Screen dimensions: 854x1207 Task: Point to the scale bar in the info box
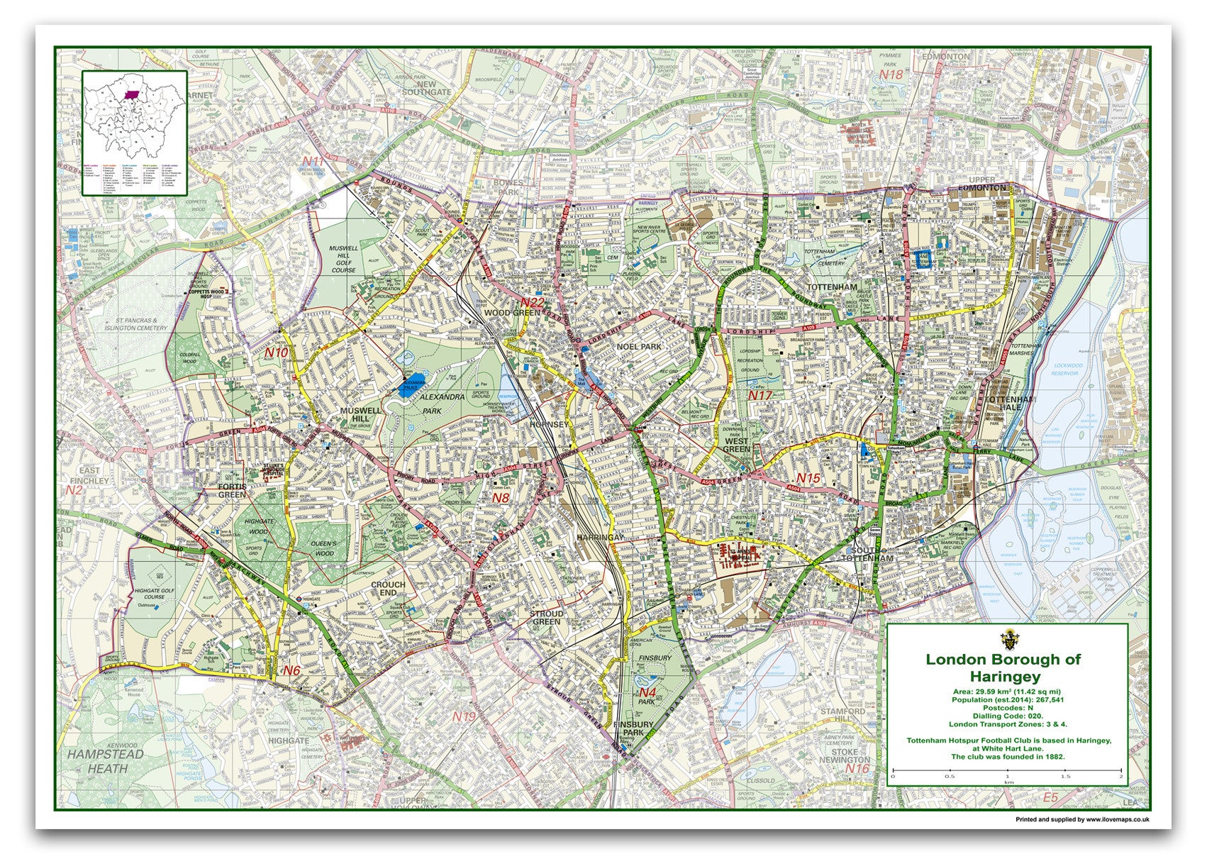pyautogui.click(x=1007, y=770)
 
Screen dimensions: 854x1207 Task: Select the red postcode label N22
pyautogui.click(x=532, y=304)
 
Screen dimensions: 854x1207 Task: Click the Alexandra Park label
pyautogui.click(x=440, y=404)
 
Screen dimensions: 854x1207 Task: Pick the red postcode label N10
pyautogui.click(x=277, y=352)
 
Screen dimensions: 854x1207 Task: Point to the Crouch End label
pyautogui.click(x=388, y=589)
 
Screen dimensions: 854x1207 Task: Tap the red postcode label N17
pyautogui.click(x=760, y=395)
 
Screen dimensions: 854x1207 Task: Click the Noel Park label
pyautogui.click(x=638, y=346)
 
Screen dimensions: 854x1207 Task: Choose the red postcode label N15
pyautogui.click(x=807, y=478)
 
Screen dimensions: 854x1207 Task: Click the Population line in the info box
pyautogui.click(x=1007, y=700)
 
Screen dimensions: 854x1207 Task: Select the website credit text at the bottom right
pyautogui.click(x=1082, y=819)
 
